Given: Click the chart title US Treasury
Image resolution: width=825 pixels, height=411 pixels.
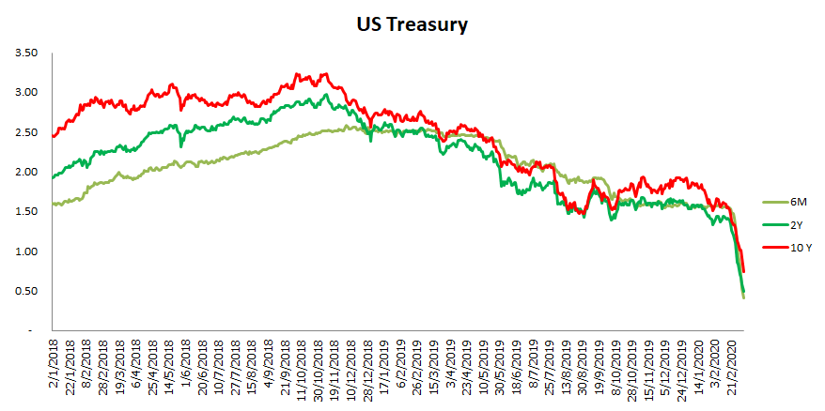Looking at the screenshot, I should [x=412, y=25].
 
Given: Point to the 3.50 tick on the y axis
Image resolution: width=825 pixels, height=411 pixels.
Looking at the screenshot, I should [x=26, y=53].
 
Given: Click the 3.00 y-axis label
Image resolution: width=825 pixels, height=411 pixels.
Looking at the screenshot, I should [x=26, y=92].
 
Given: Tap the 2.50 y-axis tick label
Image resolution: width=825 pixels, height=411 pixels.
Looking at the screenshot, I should [x=26, y=132].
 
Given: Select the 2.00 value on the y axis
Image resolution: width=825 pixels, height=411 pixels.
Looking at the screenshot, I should [x=26, y=172].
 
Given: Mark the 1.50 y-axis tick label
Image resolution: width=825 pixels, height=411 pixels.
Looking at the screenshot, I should [x=26, y=211].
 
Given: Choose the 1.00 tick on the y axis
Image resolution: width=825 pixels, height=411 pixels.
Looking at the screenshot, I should [x=26, y=251].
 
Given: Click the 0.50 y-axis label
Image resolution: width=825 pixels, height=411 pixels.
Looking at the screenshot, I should [x=26, y=291].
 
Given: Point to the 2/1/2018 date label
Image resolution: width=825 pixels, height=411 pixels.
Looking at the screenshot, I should [x=54, y=369].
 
